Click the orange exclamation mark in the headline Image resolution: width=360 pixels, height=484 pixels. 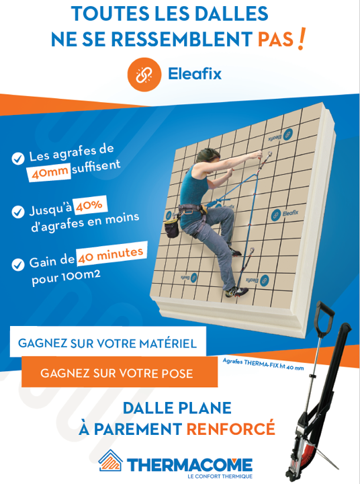(302, 38)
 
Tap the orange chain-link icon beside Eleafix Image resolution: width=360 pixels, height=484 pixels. (144, 75)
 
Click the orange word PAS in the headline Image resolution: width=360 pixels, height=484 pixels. (275, 40)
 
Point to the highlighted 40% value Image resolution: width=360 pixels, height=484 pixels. (89, 205)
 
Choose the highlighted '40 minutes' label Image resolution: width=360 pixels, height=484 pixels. (111, 255)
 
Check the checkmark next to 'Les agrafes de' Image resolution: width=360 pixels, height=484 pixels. (18, 159)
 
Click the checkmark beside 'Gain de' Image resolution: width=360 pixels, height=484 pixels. (18, 265)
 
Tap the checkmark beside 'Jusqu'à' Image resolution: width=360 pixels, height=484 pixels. (18, 212)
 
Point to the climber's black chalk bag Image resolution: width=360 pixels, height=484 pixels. (171, 227)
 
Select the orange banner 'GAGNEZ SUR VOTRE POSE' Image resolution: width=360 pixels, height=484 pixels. (120, 372)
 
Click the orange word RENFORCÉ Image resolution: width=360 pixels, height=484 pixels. (231, 428)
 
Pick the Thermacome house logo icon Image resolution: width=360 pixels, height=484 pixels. (110, 460)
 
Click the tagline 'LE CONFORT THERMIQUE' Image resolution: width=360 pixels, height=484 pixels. (220, 477)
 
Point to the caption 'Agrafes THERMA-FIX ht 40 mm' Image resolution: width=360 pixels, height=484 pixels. (263, 364)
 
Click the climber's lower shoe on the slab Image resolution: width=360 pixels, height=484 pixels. (236, 292)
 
